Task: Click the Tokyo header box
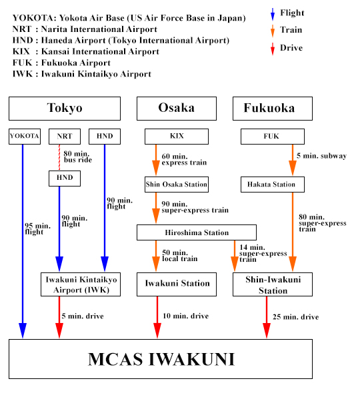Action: click(65, 109)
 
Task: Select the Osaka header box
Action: click(177, 109)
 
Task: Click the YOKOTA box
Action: click(25, 136)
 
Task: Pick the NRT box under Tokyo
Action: click(65, 136)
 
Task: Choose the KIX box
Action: click(177, 136)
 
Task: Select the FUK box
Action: click(269, 136)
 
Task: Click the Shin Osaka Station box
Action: click(177, 184)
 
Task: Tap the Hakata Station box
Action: click(269, 184)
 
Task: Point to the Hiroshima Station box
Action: click(197, 232)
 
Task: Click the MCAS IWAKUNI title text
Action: click(161, 360)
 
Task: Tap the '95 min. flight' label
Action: click(34, 228)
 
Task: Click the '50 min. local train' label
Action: click(180, 256)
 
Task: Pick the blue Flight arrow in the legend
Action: click(272, 14)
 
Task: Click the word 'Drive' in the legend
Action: click(291, 48)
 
